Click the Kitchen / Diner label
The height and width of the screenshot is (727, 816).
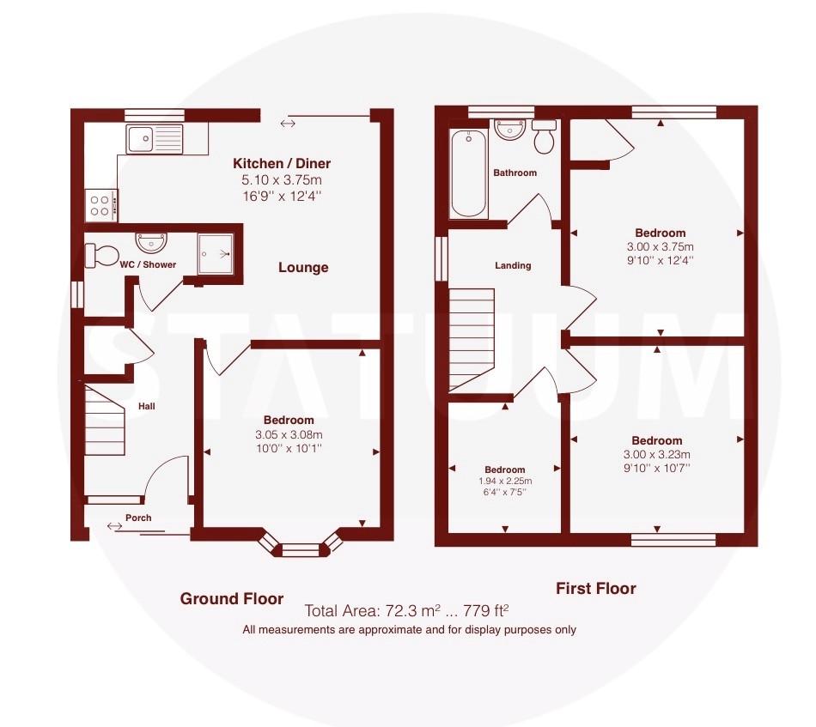click(x=282, y=163)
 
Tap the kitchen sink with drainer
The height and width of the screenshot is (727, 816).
click(x=155, y=139)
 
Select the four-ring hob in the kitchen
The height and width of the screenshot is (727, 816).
click(x=101, y=205)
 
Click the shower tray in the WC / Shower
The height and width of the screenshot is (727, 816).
click(x=216, y=253)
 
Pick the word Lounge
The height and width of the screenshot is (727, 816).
click(x=303, y=267)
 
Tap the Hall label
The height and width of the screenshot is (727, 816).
click(x=146, y=406)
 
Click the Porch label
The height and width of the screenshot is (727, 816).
click(x=138, y=518)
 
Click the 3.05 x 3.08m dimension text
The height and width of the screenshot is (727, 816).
click(x=289, y=434)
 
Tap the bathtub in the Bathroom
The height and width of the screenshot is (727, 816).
click(x=469, y=173)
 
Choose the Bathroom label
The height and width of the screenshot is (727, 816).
click(x=515, y=173)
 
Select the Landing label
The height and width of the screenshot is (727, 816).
click(x=513, y=265)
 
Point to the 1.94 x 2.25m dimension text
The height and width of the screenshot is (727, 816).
click(x=504, y=481)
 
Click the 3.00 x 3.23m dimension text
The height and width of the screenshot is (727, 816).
click(x=657, y=455)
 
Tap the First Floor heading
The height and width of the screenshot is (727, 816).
click(x=596, y=588)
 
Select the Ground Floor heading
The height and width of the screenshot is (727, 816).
click(x=232, y=598)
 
